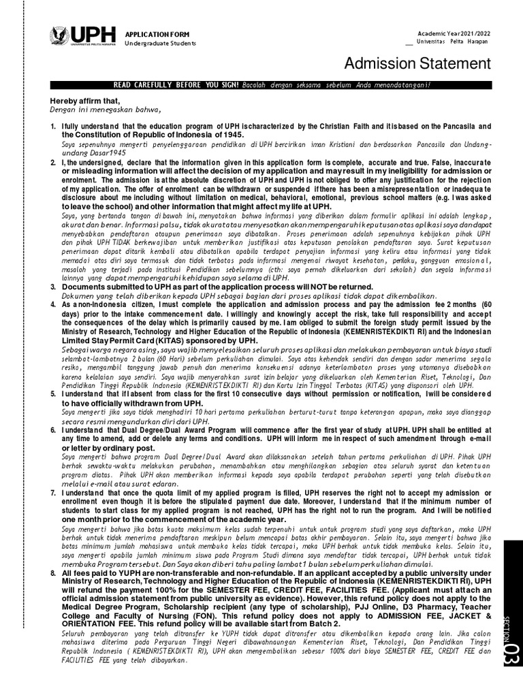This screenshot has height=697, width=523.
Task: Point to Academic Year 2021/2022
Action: click(x=454, y=34)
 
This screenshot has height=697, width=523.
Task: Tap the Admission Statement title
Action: click(x=417, y=64)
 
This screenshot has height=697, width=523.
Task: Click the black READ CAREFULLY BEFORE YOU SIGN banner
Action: click(x=270, y=84)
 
